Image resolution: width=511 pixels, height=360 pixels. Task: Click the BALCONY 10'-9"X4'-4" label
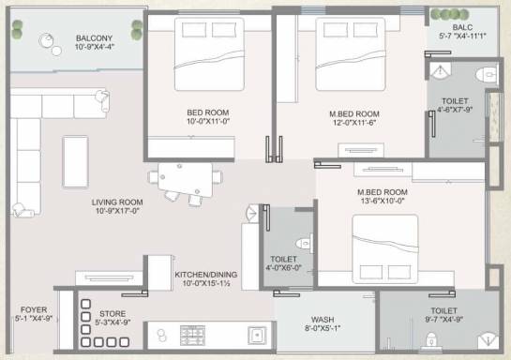click(94, 42)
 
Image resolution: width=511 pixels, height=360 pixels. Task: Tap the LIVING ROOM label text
click(117, 202)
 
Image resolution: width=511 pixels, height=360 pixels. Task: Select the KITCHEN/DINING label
click(206, 275)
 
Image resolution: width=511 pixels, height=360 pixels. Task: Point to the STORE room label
click(113, 313)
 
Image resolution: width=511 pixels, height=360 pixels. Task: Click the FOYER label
click(34, 309)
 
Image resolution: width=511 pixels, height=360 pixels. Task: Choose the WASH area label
click(323, 320)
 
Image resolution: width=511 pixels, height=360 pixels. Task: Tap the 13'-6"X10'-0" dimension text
click(383, 201)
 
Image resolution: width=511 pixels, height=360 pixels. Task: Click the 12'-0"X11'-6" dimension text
click(354, 123)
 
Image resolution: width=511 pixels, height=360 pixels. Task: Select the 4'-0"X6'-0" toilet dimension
click(283, 268)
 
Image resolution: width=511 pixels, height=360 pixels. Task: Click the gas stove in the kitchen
click(192, 336)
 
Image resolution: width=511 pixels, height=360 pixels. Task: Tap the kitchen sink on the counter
click(257, 336)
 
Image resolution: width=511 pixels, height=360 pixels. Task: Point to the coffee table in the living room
click(75, 162)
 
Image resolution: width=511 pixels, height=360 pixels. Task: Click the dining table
click(185, 179)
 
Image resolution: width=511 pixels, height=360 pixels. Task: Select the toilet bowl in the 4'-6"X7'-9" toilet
click(487, 74)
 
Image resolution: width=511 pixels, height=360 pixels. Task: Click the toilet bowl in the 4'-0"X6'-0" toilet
click(304, 244)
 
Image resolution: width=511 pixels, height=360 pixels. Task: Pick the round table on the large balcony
click(47, 40)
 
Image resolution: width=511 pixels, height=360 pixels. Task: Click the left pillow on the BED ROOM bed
click(194, 30)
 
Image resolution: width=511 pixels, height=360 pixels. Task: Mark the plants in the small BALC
click(450, 14)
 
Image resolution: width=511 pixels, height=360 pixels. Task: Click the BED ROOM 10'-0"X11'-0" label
click(208, 116)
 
